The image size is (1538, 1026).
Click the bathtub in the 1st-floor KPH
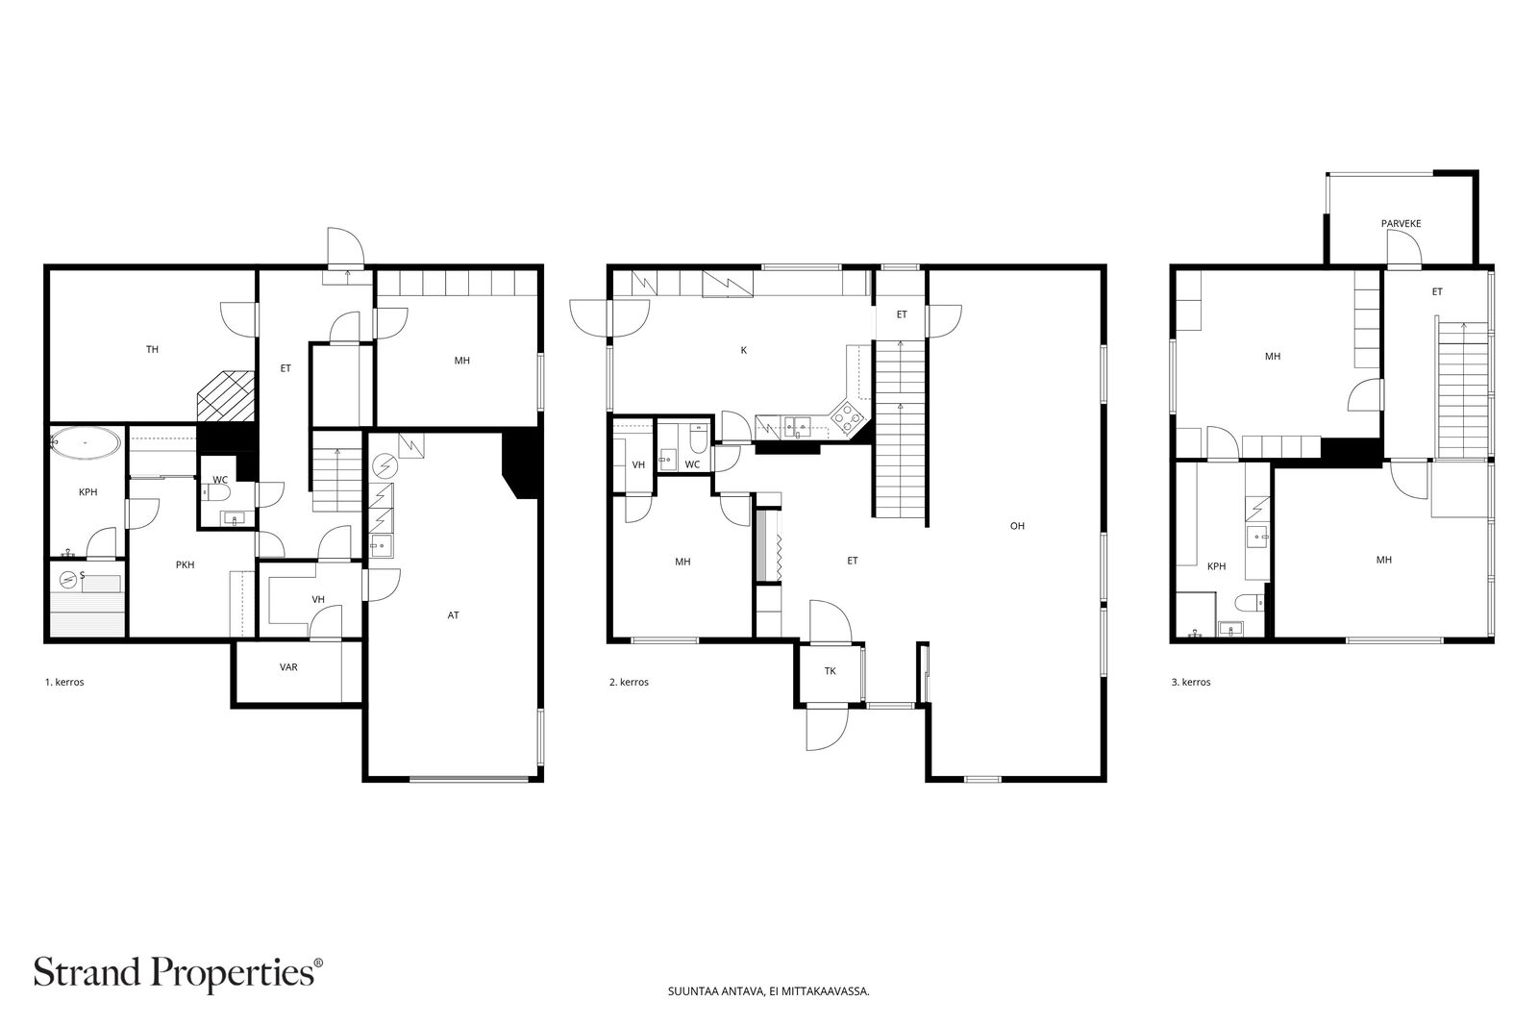(x=86, y=443)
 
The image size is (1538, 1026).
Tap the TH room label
(x=153, y=350)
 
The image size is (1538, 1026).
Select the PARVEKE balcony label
(x=1401, y=224)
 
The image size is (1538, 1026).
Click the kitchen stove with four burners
(x=847, y=416)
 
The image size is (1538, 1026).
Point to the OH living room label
(x=1017, y=526)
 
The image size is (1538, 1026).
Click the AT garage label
(x=453, y=615)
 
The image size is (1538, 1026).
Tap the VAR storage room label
(x=288, y=667)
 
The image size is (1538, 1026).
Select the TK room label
(x=831, y=671)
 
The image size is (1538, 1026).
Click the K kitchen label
(x=744, y=350)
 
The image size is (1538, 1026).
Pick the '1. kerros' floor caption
(x=64, y=683)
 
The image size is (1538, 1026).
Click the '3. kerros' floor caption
(x=1191, y=683)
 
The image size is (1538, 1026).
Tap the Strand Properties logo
(x=178, y=972)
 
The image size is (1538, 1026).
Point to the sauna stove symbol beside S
(x=67, y=580)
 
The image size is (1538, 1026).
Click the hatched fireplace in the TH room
(x=225, y=395)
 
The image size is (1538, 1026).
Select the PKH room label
(x=185, y=565)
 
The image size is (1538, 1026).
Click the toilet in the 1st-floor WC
(x=217, y=492)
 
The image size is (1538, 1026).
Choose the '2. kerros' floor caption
(x=629, y=683)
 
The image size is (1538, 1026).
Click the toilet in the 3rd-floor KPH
(x=1250, y=603)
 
